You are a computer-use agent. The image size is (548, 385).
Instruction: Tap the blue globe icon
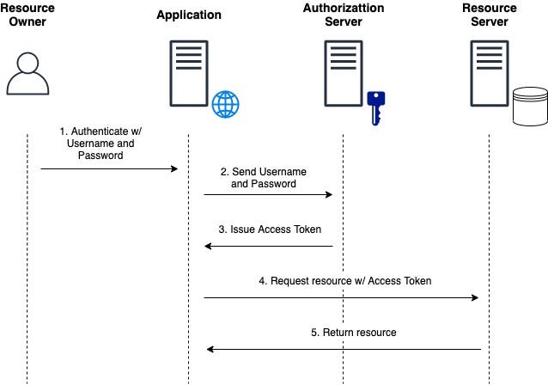pyautogui.click(x=225, y=104)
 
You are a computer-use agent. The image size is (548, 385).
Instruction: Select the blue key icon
pyautogui.click(x=374, y=107)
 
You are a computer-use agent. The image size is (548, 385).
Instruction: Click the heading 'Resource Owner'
pyautogui.click(x=27, y=15)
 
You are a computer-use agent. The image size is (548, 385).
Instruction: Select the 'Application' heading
pyautogui.click(x=189, y=15)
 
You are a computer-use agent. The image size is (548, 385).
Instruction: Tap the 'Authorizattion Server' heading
pyautogui.click(x=344, y=15)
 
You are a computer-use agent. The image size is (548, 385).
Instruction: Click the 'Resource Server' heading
pyautogui.click(x=490, y=15)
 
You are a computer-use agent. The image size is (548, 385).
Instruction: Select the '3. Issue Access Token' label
pyautogui.click(x=269, y=229)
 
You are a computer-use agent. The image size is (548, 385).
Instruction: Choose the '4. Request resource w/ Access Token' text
pyautogui.click(x=344, y=280)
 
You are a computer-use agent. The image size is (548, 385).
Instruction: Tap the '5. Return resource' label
pyautogui.click(x=353, y=332)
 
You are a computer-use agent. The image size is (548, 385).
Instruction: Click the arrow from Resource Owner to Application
pyautogui.click(x=108, y=169)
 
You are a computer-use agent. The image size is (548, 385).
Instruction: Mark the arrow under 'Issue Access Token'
pyautogui.click(x=268, y=247)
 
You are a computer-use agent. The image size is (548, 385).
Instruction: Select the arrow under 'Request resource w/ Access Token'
pyautogui.click(x=341, y=297)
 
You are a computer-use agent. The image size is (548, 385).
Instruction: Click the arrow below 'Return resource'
pyautogui.click(x=344, y=349)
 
